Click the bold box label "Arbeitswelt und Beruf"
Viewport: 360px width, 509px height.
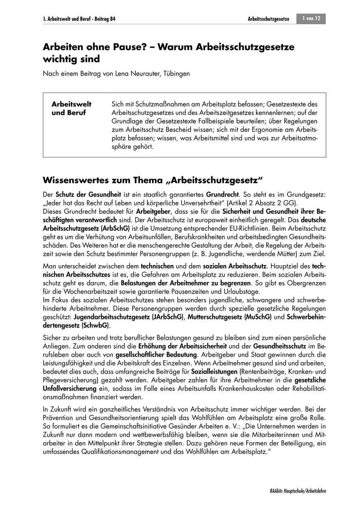(x=71, y=108)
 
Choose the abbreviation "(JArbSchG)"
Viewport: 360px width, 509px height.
(x=168, y=317)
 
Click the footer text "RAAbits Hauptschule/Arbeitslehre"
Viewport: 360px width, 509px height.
(x=298, y=491)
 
